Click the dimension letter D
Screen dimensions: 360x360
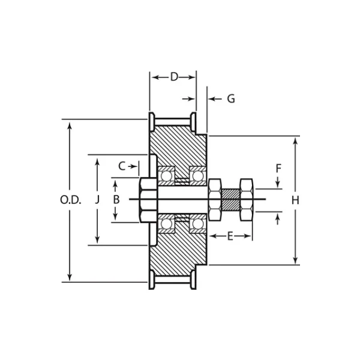coord(174,77)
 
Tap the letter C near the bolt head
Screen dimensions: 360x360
coord(122,166)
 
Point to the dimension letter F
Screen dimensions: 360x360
coord(278,169)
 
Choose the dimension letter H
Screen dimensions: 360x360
coord(295,200)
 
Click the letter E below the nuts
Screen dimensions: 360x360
coord(230,236)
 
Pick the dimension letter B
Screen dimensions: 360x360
coord(116,199)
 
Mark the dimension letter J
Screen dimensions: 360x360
coord(97,200)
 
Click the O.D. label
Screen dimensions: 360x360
coord(70,200)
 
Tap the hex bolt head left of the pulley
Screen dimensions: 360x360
coord(146,199)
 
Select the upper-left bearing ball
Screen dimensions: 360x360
coord(166,175)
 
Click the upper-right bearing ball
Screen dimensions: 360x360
coord(197,175)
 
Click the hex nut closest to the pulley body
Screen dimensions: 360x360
coord(215,199)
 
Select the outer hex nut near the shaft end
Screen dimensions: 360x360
coord(246,199)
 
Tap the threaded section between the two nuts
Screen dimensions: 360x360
coord(230,199)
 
